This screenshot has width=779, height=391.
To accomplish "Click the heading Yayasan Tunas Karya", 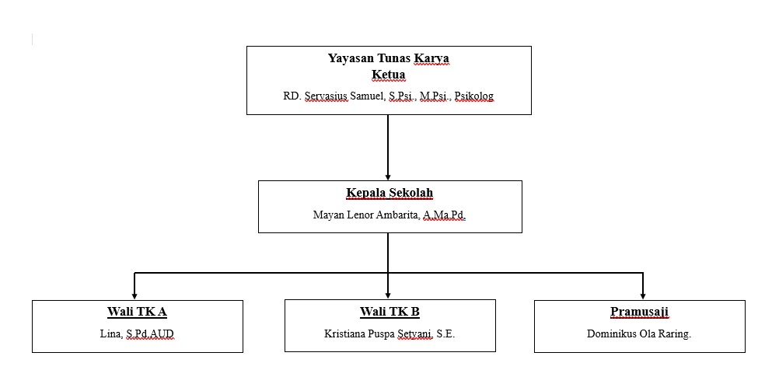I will pyautogui.click(x=389, y=58).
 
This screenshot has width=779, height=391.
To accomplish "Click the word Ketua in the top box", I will pyautogui.click(x=389, y=75).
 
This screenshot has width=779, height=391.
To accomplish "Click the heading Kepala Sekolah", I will pyautogui.click(x=389, y=193).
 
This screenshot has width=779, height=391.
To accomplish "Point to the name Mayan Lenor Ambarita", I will pyautogui.click(x=365, y=215).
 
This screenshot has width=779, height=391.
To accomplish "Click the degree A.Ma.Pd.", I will pyautogui.click(x=444, y=215).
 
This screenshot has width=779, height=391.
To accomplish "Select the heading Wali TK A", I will pyautogui.click(x=137, y=312).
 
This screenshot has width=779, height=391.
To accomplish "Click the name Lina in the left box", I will pyautogui.click(x=100, y=334).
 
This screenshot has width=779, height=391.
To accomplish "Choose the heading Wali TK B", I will pyautogui.click(x=389, y=312).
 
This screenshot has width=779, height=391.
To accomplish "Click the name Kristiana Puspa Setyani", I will pyautogui.click(x=378, y=334).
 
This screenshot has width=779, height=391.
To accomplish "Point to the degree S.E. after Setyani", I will pyautogui.click(x=445, y=334).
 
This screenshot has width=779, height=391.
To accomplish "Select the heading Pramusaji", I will pyautogui.click(x=639, y=312).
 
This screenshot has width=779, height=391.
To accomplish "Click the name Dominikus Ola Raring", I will pyautogui.click(x=639, y=334).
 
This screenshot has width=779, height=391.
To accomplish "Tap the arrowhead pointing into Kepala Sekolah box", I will pyautogui.click(x=388, y=176).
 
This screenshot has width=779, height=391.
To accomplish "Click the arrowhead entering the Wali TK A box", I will pyautogui.click(x=134, y=295).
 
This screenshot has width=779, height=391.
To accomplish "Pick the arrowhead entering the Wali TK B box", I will pyautogui.click(x=388, y=295).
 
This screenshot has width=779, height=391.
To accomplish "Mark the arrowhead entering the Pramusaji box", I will pyautogui.click(x=643, y=295).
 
